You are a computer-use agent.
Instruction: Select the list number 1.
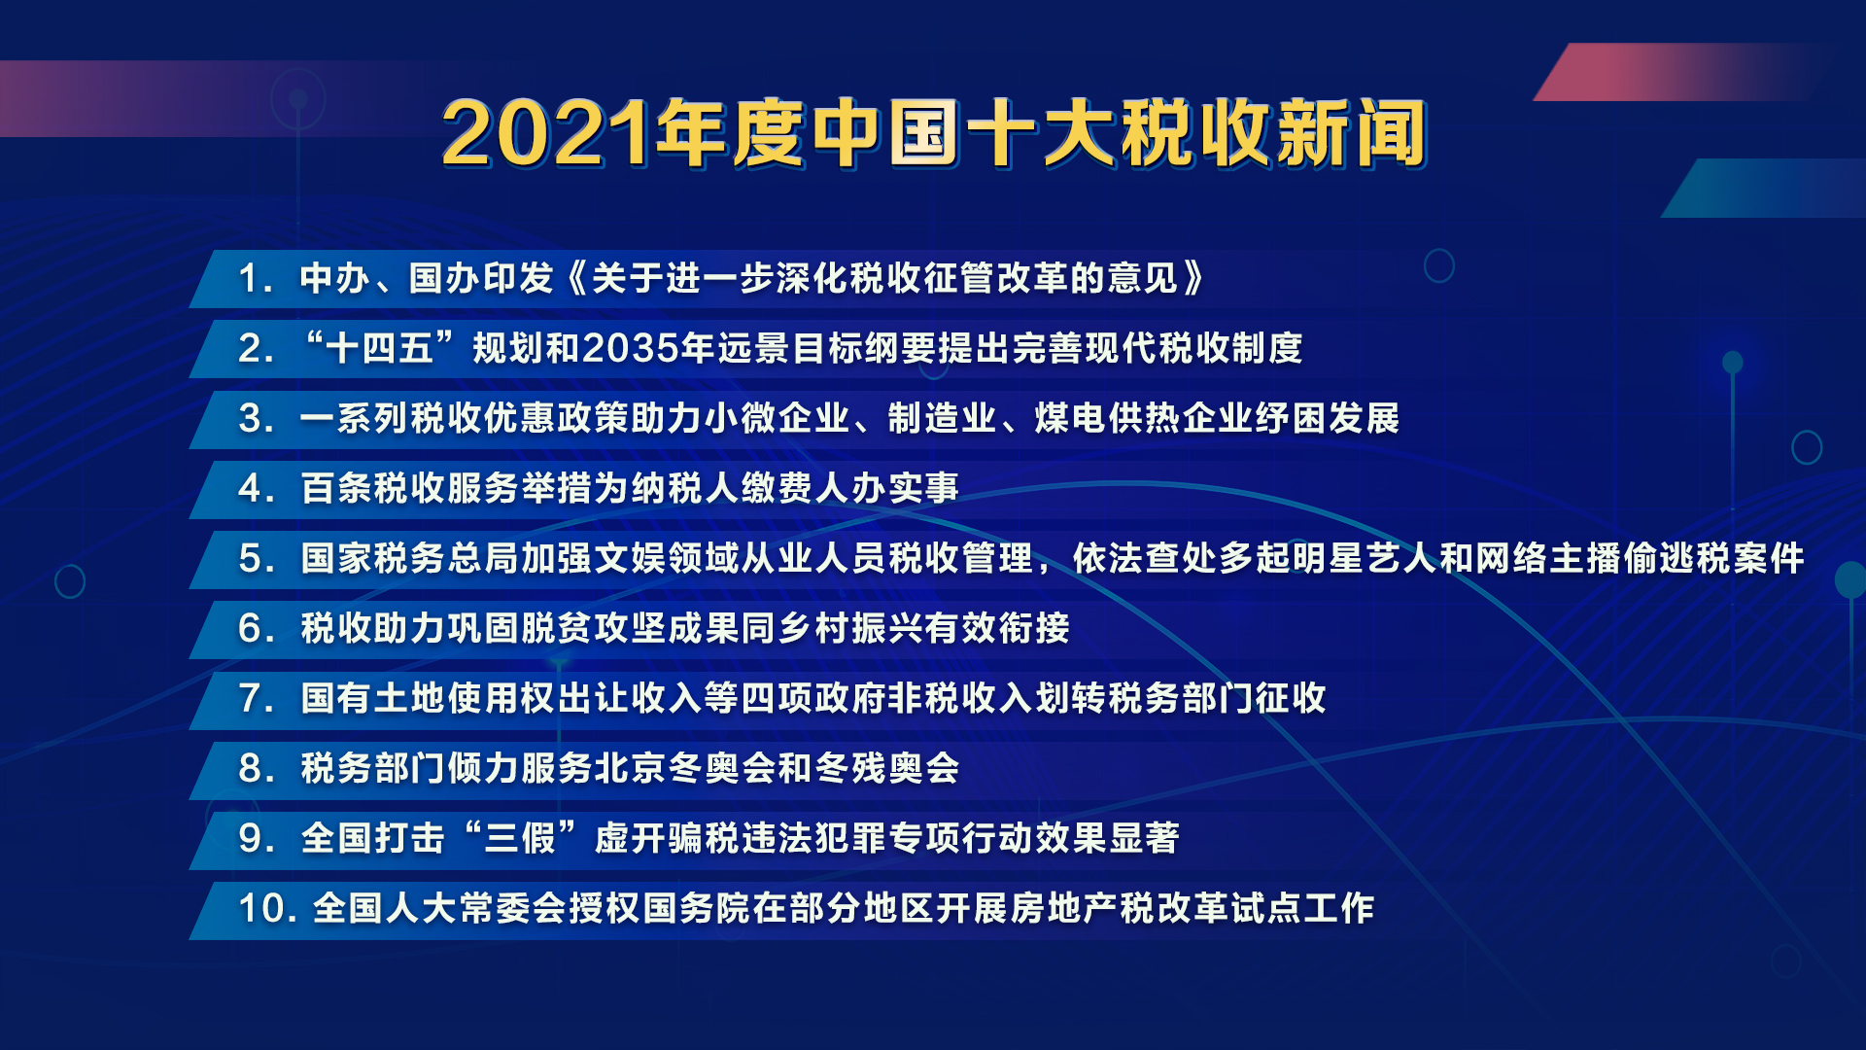tap(251, 279)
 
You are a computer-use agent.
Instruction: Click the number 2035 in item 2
tap(631, 348)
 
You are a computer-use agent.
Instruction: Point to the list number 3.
tap(251, 419)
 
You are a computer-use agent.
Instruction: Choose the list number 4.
tap(251, 489)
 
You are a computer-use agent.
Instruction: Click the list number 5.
tap(251, 559)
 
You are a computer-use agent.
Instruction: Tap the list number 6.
tap(251, 629)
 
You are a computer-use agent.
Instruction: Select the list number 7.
tap(251, 699)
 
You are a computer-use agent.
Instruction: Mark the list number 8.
tap(251, 769)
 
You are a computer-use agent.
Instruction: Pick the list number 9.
tap(251, 839)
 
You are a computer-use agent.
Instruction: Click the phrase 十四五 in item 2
tap(380, 348)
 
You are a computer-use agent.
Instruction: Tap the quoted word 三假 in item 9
tap(520, 838)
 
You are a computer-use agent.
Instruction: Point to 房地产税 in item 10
tap(1083, 908)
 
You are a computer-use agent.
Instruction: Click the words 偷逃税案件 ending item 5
tap(1713, 558)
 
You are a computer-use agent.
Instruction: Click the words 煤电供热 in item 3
tap(1107, 418)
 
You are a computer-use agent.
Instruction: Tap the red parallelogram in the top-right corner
tap(1672, 72)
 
